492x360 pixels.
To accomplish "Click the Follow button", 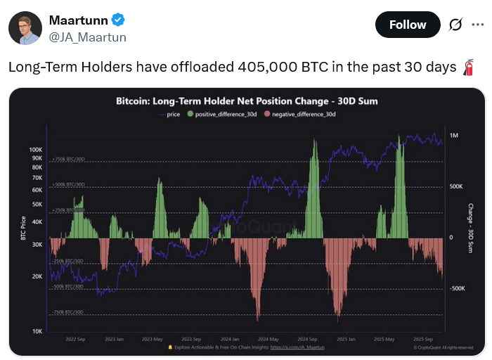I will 408,25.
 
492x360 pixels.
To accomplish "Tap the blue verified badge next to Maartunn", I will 117,20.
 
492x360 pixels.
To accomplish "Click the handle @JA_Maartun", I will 87,37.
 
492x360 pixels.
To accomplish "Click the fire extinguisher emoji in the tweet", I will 468,68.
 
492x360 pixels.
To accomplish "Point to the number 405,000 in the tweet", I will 268,68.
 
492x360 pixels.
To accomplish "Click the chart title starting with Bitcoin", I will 247,101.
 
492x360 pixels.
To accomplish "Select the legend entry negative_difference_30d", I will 298,114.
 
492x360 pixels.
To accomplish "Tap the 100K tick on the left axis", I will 37,150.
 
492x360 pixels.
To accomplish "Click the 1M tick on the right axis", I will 454,134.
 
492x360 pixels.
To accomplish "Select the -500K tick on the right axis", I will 458,288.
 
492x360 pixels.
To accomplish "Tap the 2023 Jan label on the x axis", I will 114,338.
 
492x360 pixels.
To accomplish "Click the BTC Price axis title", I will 22,229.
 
